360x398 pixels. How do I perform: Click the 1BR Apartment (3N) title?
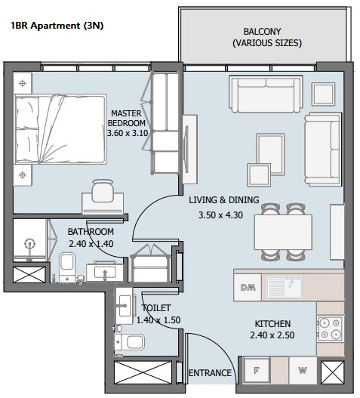pos(57,26)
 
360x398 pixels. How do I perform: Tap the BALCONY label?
pos(262,32)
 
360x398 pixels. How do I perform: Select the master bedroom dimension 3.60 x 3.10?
pos(128,133)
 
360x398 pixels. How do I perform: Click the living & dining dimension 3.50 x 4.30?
pos(220,215)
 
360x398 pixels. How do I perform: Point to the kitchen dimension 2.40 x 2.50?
pos(272,335)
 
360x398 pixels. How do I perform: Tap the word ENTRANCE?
pos(210,373)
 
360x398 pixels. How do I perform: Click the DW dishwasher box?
pos(248,287)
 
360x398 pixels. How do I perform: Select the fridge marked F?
pos(257,371)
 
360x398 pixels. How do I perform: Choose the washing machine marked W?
pos(303,371)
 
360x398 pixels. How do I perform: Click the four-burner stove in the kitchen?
pos(330,329)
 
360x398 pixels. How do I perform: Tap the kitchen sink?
pos(284,287)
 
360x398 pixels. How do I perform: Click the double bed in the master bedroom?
pos(60,129)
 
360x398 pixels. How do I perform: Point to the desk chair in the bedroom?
pos(103,190)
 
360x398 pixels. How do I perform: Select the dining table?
pos(283,233)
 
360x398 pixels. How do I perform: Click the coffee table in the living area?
pos(270,154)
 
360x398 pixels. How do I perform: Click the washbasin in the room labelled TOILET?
pos(125,306)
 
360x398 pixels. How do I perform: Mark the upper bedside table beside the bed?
pos(23,83)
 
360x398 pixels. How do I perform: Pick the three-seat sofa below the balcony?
pos(266,94)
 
